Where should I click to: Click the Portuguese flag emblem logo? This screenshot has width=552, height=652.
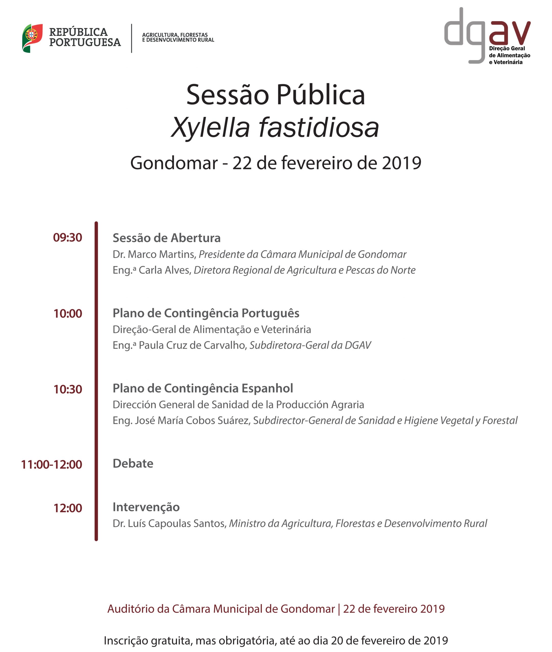click(32, 38)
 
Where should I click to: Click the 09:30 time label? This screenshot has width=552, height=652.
click(67, 238)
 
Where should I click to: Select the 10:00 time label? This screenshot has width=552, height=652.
click(67, 314)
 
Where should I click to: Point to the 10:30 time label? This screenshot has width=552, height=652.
click(67, 389)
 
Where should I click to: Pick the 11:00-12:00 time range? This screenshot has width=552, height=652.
click(51, 465)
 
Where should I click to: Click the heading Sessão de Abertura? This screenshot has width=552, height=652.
click(167, 238)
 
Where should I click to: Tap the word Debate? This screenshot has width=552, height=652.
click(133, 464)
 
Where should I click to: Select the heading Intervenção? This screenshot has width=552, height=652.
click(146, 507)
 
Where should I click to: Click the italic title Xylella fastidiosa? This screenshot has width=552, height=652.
click(275, 127)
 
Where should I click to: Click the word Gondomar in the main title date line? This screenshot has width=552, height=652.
click(174, 163)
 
